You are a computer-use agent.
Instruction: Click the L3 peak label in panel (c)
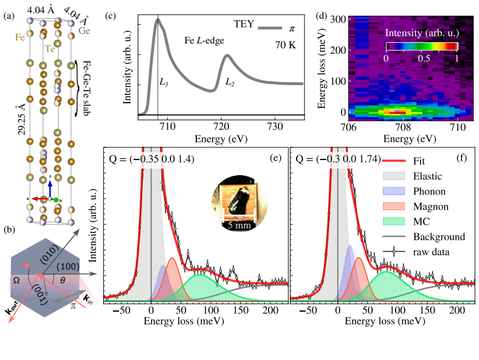(164, 82)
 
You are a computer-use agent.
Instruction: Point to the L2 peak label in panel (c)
(230, 82)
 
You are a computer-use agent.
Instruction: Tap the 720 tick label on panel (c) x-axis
(221, 126)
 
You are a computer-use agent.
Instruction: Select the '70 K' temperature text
(286, 45)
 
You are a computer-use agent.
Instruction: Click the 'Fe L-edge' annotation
(204, 40)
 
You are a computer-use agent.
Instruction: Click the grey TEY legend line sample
(270, 28)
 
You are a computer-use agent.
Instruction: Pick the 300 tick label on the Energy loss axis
(338, 19)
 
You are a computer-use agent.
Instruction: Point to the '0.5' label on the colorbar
(423, 58)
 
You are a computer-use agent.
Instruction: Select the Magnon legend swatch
(394, 206)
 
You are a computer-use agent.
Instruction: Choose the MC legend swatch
(394, 221)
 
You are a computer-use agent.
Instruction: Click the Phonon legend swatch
(394, 191)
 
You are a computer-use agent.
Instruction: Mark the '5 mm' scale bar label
(239, 225)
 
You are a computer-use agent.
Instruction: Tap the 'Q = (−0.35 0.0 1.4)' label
(152, 159)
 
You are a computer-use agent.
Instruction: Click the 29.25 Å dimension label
(21, 120)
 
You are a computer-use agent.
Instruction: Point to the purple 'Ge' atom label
(85, 31)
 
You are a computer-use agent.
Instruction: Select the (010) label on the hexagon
(50, 253)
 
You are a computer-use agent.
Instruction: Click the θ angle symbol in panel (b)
(62, 280)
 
